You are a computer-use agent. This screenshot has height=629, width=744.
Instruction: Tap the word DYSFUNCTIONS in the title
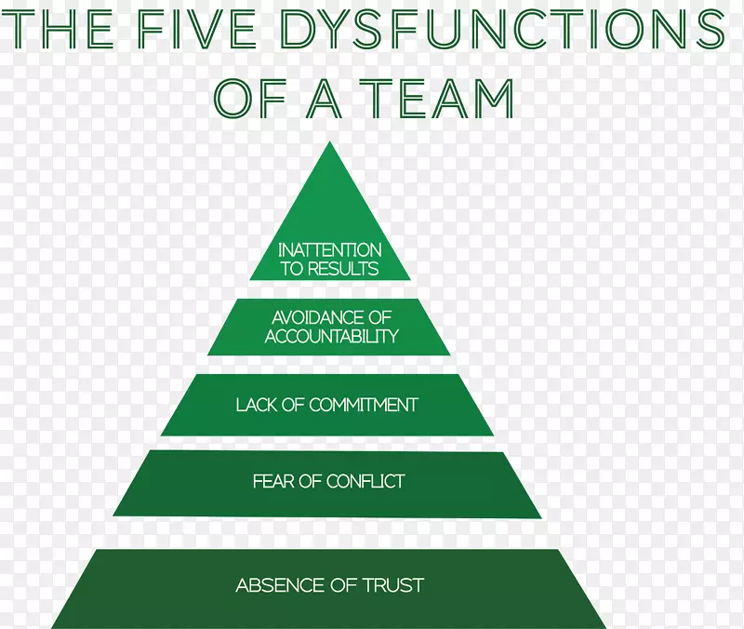500,31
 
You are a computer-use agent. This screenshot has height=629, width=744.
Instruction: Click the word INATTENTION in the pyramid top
330,249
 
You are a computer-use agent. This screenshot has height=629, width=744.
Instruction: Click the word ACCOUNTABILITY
331,336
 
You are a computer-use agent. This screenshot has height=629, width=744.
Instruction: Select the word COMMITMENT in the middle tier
364,405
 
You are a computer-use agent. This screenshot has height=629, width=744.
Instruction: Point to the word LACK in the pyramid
256,405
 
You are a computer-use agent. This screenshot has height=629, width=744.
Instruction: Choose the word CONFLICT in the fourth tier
366,481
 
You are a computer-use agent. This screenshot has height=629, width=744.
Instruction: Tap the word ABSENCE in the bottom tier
274,585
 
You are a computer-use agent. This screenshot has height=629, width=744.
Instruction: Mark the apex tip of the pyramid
329,143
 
